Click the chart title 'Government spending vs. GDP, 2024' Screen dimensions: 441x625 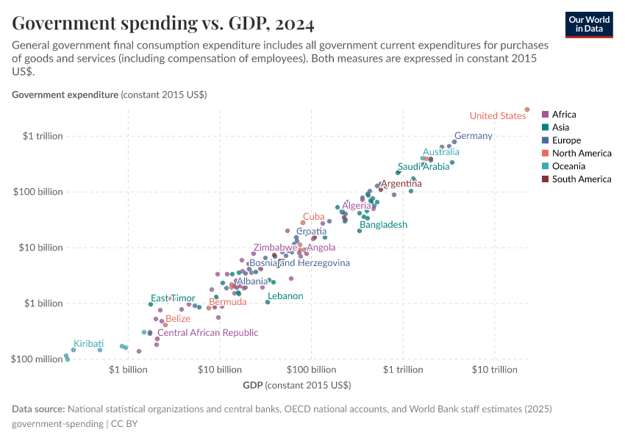pos(163,24)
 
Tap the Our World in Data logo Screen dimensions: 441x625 pos(588,24)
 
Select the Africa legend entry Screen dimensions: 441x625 pos(564,114)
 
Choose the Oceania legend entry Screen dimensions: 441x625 pos(568,166)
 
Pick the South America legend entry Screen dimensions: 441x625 pos(581,179)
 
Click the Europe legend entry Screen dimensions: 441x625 pos(566,140)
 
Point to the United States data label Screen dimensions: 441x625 pos(497,115)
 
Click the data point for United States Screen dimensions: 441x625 pos(527,110)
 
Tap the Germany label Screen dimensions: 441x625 pos(473,136)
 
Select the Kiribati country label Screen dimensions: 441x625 pos(88,343)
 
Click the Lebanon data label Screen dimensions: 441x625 pos(285,296)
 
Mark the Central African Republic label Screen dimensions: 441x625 pos(208,333)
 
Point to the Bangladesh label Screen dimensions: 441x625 pos(383,225)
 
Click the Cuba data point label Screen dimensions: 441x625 pos(314,217)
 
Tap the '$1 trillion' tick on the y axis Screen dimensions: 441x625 pos(43,136)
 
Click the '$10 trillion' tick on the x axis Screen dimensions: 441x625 pos(495,370)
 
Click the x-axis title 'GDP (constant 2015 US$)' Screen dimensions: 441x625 pos(296,385)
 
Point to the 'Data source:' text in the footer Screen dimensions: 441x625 pos(38,409)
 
